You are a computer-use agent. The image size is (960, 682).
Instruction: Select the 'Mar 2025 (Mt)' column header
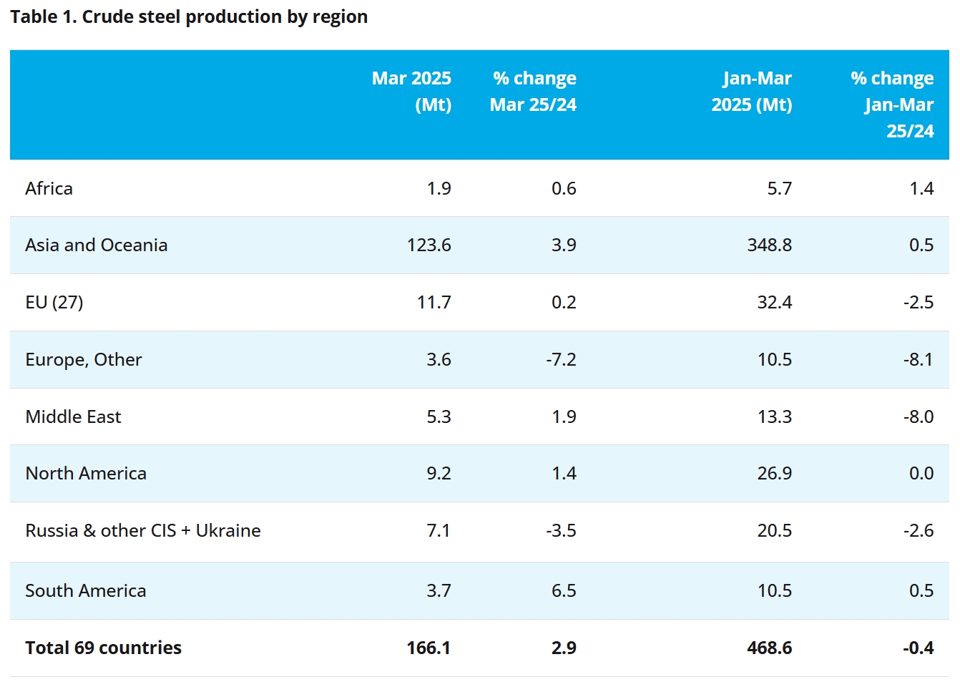click(x=411, y=91)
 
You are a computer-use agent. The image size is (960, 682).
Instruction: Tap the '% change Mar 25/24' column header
click(x=534, y=91)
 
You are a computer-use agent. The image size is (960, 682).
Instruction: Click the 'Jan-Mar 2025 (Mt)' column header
click(x=752, y=91)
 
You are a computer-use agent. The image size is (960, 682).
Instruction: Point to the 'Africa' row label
click(x=49, y=188)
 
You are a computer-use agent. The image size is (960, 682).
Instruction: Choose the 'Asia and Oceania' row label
click(x=96, y=245)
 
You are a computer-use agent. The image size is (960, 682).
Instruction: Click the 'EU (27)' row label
click(x=54, y=302)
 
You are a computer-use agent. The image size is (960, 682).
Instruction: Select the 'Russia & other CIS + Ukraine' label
click(x=143, y=530)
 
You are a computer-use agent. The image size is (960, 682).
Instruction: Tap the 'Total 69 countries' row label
click(x=103, y=648)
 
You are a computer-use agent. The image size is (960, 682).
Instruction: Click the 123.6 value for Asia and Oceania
click(x=428, y=245)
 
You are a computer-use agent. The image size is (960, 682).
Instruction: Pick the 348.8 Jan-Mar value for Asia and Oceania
click(x=769, y=245)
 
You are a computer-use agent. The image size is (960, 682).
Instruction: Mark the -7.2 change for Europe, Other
click(x=561, y=359)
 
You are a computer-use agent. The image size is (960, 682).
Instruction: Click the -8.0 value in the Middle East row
click(x=919, y=416)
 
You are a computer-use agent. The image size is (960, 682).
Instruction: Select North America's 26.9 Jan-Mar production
click(x=774, y=473)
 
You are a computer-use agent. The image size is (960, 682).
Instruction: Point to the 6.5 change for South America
click(x=564, y=590)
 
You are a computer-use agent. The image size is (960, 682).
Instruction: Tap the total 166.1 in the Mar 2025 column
click(x=428, y=648)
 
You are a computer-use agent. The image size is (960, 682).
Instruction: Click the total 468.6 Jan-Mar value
click(x=769, y=648)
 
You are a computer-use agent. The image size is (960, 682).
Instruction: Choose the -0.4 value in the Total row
click(x=918, y=648)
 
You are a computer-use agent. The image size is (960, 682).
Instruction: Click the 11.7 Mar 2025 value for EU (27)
click(x=434, y=302)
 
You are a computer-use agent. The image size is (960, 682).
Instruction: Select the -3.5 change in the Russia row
click(x=561, y=530)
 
